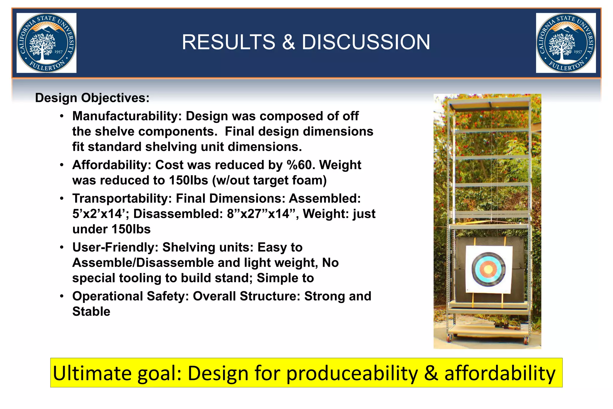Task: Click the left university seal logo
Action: (46, 43)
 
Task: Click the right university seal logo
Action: (566, 43)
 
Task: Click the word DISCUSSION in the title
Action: (366, 42)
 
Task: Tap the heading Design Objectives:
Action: (92, 98)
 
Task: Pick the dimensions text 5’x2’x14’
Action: (101, 214)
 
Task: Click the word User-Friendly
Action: (115, 247)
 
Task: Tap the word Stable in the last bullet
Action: (91, 312)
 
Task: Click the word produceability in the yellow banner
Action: (352, 373)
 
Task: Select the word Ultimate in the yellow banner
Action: (92, 373)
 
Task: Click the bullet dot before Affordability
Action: (62, 165)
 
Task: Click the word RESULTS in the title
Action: (228, 42)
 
